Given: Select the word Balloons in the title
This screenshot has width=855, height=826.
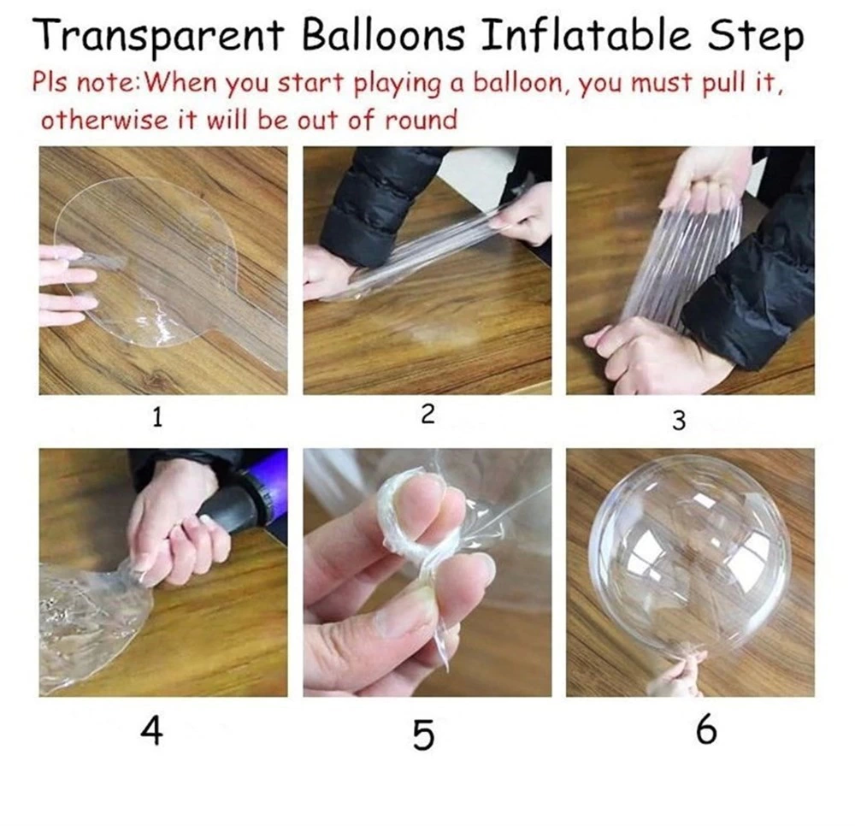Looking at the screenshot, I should tap(385, 37).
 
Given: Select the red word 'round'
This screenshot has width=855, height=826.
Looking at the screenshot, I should tap(421, 119).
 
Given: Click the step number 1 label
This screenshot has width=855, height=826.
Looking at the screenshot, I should tap(156, 417).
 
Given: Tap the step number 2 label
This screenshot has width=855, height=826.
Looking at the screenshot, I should tap(428, 415).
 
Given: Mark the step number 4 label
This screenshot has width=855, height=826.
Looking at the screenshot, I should tap(152, 732).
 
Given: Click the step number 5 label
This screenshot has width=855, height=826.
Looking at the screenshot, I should tap(423, 735).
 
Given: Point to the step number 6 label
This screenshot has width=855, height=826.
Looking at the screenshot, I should tap(706, 732).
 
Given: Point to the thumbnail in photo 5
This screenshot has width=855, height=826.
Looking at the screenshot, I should tap(402, 616).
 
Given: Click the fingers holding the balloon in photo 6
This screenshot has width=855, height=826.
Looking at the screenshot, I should tap(675, 676).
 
